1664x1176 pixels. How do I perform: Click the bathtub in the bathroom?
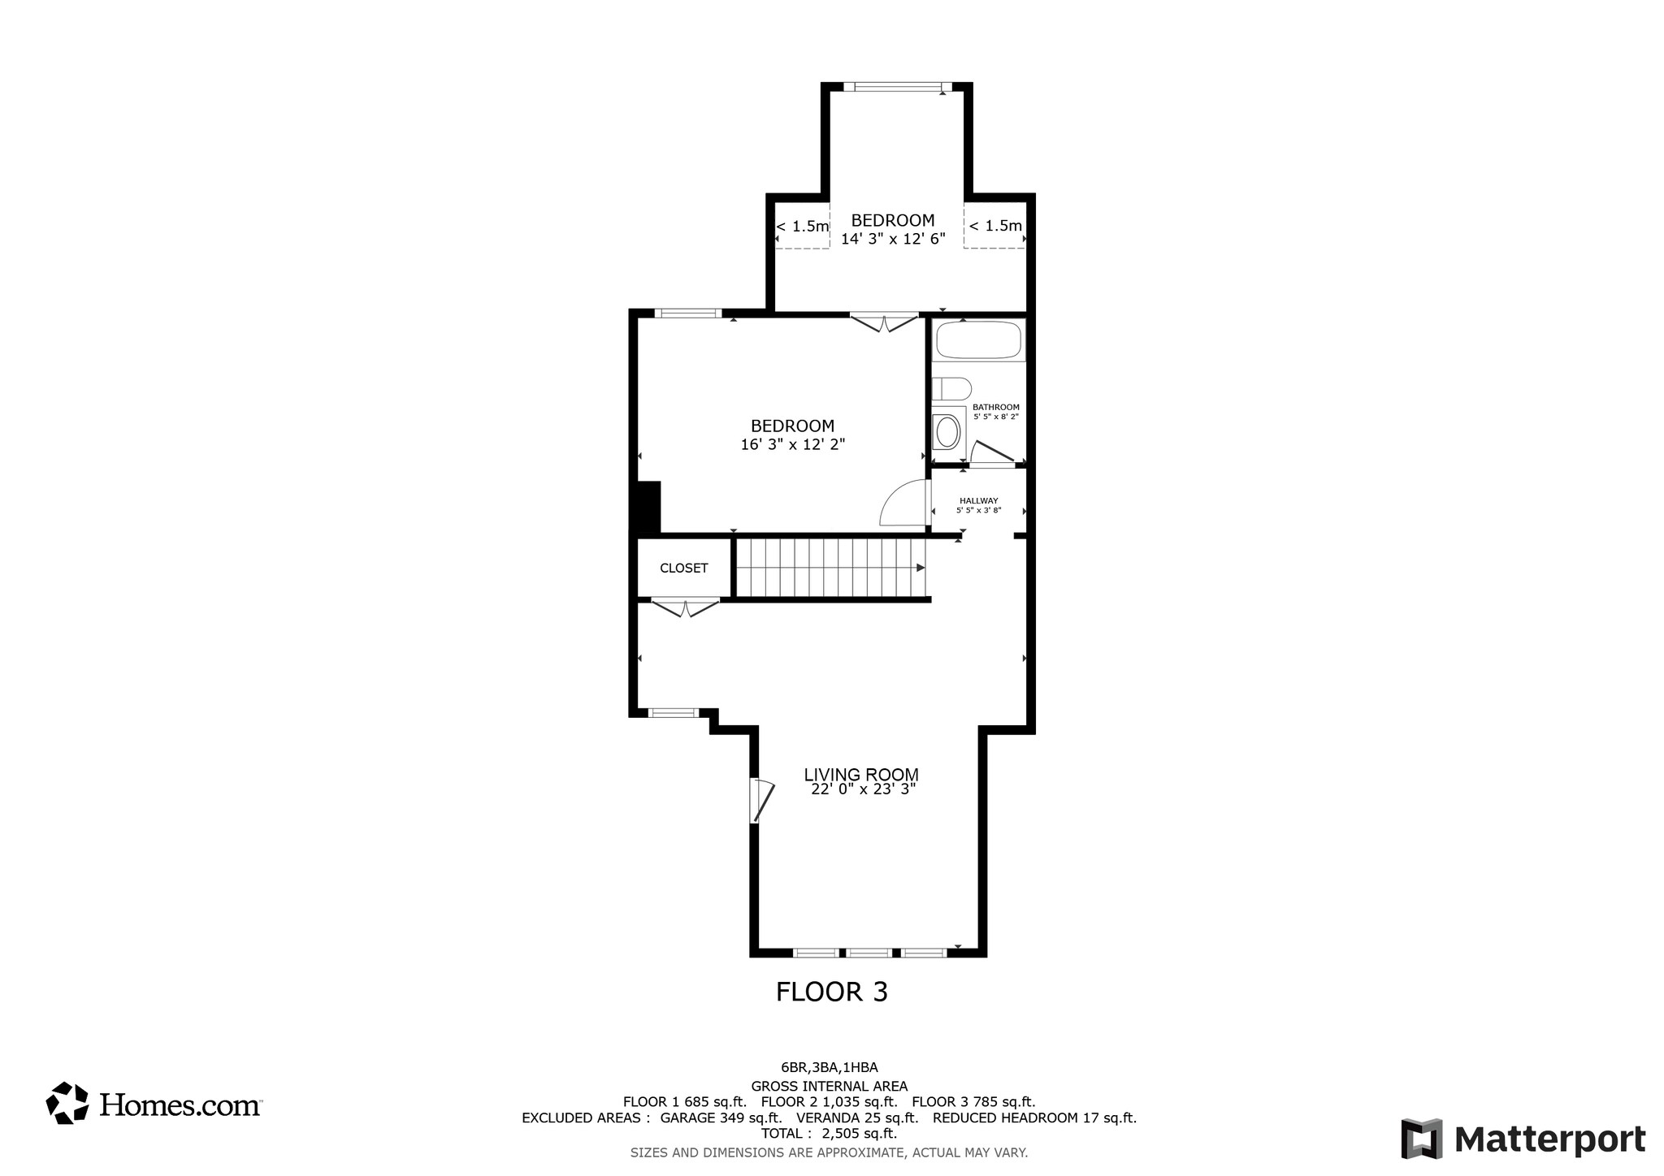[978, 340]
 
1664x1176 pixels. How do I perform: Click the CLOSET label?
[683, 569]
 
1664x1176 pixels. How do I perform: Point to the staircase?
[829, 568]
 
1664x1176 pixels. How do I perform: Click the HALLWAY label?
[978, 501]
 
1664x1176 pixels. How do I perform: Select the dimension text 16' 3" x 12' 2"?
[792, 445]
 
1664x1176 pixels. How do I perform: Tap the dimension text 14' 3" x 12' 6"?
[893, 240]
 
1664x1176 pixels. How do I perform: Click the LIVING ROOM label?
[861, 775]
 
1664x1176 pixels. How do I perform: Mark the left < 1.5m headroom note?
[802, 227]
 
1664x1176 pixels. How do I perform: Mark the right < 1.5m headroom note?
[995, 226]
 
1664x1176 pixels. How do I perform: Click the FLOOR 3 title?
[831, 992]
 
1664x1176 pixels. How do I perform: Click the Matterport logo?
[1523, 1139]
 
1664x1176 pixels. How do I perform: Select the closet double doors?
[685, 607]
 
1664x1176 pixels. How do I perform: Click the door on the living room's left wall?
[761, 801]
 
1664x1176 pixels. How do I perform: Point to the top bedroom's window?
[897, 87]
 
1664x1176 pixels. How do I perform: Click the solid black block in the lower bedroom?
[648, 508]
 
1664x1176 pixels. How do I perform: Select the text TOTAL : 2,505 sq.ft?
[829, 1134]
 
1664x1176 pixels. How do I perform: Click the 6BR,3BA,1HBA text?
[829, 1068]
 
